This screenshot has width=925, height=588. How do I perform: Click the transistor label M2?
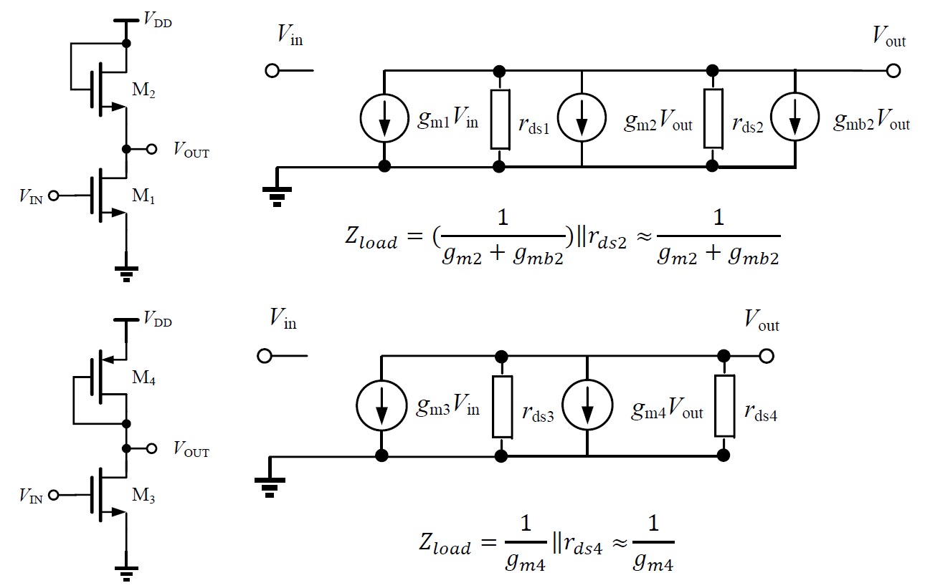click(143, 91)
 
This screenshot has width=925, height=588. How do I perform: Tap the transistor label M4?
click(143, 379)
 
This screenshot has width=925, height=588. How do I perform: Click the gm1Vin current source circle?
click(385, 119)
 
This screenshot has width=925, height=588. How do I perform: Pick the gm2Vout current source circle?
click(581, 119)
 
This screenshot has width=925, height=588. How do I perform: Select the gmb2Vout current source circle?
click(795, 119)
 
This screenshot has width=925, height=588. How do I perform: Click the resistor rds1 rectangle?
click(501, 119)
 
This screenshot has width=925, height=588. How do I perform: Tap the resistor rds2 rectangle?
click(713, 119)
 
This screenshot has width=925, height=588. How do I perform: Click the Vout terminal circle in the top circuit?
click(893, 71)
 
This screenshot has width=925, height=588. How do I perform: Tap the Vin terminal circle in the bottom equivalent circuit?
click(264, 356)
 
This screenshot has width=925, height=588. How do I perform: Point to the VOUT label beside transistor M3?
click(191, 451)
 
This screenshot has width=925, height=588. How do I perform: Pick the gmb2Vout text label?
click(871, 124)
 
